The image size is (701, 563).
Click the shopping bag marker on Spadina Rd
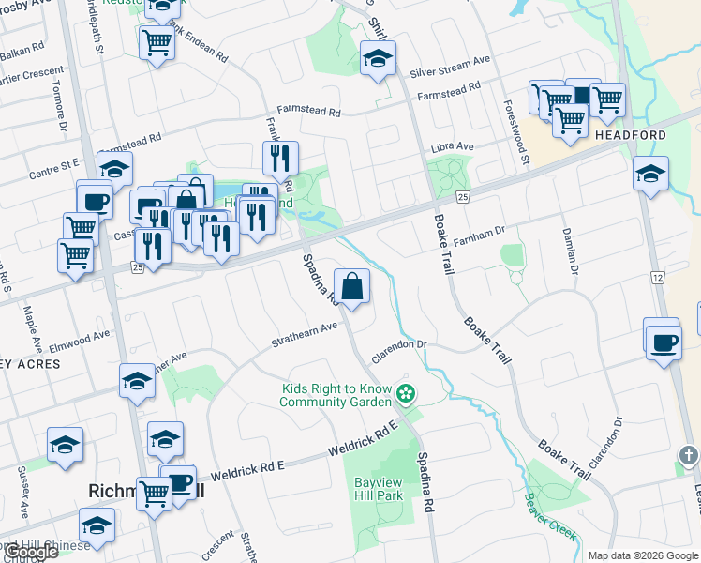[x=351, y=288]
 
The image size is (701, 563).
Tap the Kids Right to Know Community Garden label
[x=336, y=395]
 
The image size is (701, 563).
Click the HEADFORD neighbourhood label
[x=631, y=135]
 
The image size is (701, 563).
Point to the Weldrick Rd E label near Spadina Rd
[x=363, y=438]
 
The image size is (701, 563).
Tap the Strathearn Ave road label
[x=304, y=334]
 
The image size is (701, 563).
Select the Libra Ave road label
[x=453, y=147]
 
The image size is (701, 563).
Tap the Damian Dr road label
[x=568, y=250]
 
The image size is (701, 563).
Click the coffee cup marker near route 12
[x=662, y=341]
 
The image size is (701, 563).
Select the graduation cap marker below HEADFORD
[x=650, y=175]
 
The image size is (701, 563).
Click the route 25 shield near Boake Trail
[x=462, y=196]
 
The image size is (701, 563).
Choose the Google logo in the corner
[x=32, y=552]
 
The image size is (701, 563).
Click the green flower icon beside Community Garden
[x=406, y=392]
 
